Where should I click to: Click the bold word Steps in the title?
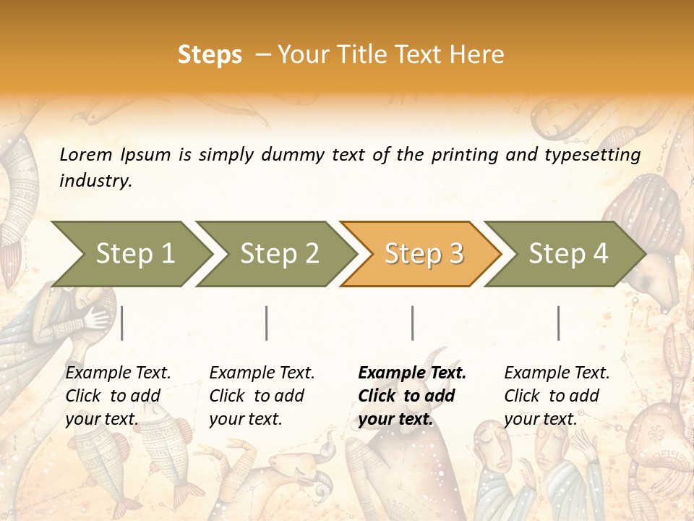click(x=210, y=55)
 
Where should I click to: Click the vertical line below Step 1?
click(x=122, y=323)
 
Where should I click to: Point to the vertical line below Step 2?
click(x=267, y=323)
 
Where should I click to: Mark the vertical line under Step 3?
click(x=413, y=323)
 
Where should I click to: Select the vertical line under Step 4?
click(x=559, y=323)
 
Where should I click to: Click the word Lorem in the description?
click(x=86, y=155)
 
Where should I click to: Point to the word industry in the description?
click(x=95, y=181)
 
